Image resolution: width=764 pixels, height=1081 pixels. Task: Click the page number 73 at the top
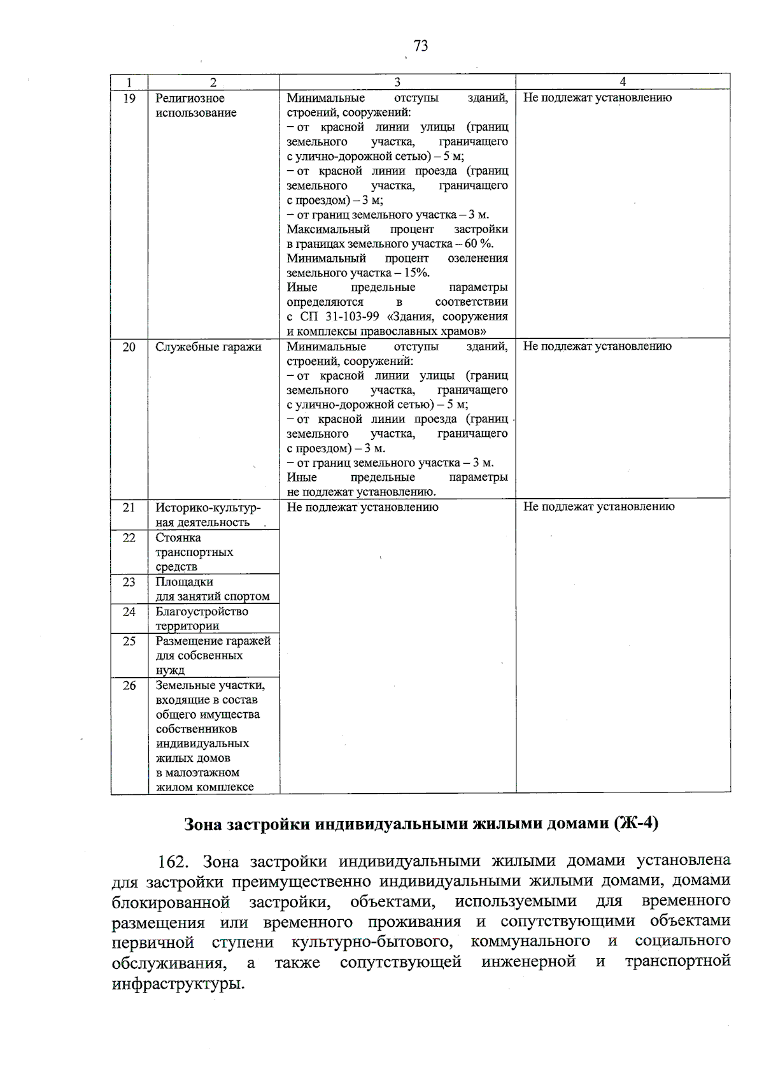click(420, 46)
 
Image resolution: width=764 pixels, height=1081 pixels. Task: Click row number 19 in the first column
click(129, 98)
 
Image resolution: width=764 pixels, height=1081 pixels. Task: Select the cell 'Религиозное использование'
click(196, 106)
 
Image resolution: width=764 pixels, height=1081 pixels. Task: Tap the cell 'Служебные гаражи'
click(208, 347)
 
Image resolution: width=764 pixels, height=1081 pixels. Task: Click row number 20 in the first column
click(129, 347)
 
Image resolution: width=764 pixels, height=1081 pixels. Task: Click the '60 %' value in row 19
click(479, 244)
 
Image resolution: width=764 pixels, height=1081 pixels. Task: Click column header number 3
click(397, 82)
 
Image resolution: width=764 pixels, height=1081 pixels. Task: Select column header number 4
click(623, 82)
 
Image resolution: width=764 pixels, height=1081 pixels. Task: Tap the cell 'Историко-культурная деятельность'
click(208, 515)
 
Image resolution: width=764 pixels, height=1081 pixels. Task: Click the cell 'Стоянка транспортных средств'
click(194, 552)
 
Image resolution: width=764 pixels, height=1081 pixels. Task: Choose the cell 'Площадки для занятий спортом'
click(213, 589)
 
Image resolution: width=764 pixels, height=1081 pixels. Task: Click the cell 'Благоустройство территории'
click(202, 619)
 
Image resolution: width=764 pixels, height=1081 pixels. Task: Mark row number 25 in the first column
click(129, 641)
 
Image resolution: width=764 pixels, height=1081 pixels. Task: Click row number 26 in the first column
click(129, 685)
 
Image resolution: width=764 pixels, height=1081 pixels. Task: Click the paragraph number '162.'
click(173, 863)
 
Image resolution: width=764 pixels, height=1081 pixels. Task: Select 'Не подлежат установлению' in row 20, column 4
click(597, 347)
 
